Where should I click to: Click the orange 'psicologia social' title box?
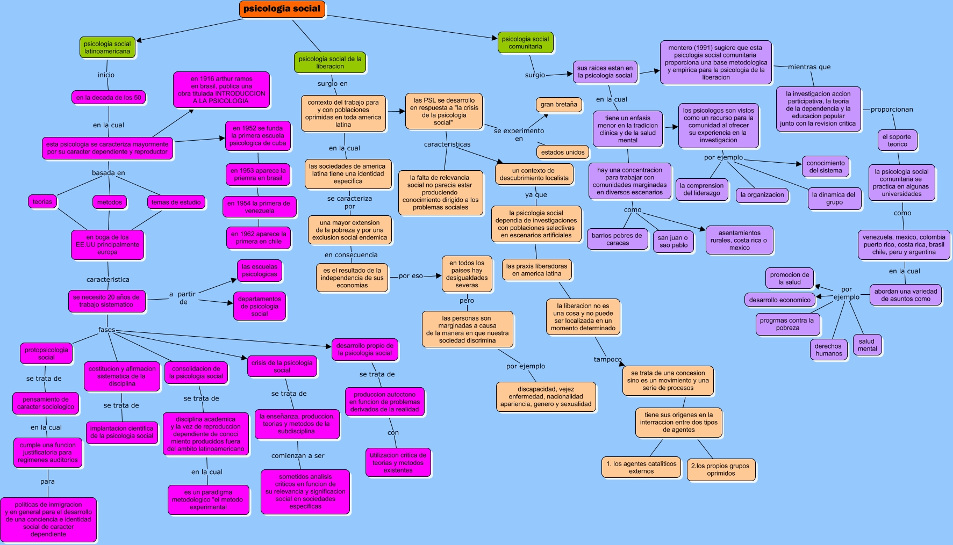pyautogui.click(x=282, y=9)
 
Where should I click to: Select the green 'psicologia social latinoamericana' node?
pyautogui.click(x=107, y=48)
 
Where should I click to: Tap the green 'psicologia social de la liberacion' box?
pyautogui.click(x=330, y=63)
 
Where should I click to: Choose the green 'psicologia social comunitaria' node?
pyautogui.click(x=525, y=43)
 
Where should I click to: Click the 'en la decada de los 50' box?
pyautogui.click(x=109, y=98)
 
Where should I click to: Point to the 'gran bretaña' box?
pyautogui.click(x=558, y=105)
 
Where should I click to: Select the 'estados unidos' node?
pyautogui.click(x=563, y=152)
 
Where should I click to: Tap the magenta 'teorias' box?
pyautogui.click(x=42, y=202)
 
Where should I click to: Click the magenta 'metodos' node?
pyautogui.click(x=110, y=202)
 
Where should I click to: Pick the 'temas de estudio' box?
pyautogui.click(x=176, y=202)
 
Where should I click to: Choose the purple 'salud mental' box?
pyautogui.click(x=866, y=345)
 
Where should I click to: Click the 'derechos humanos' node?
pyautogui.click(x=828, y=350)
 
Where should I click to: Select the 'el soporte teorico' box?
pyautogui.click(x=897, y=141)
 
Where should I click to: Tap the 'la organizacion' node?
pyautogui.click(x=762, y=195)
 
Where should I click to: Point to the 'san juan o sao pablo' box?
pyautogui.click(x=672, y=242)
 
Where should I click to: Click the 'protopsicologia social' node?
pyautogui.click(x=46, y=354)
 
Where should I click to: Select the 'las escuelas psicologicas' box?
pyautogui.click(x=260, y=271)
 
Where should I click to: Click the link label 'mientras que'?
pyautogui.click(x=809, y=67)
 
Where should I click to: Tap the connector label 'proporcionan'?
pyautogui.click(x=892, y=110)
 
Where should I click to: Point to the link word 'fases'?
pyautogui.click(x=106, y=330)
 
